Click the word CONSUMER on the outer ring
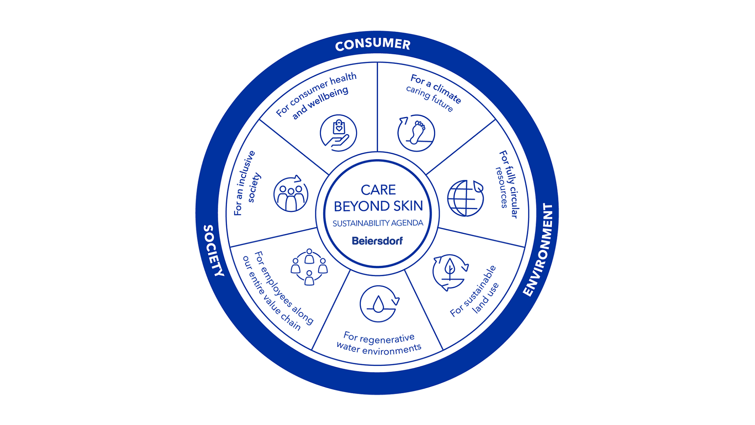(x=372, y=44)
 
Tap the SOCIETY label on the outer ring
(x=213, y=250)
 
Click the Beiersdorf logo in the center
(x=377, y=241)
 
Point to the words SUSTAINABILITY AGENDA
(x=378, y=223)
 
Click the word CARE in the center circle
(x=378, y=190)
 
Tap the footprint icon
(x=416, y=133)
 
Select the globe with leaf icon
(x=465, y=198)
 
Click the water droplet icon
(x=379, y=304)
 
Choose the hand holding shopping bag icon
(x=338, y=133)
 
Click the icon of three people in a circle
(x=291, y=194)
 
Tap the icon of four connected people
(x=309, y=267)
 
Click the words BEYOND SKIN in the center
(x=378, y=206)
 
